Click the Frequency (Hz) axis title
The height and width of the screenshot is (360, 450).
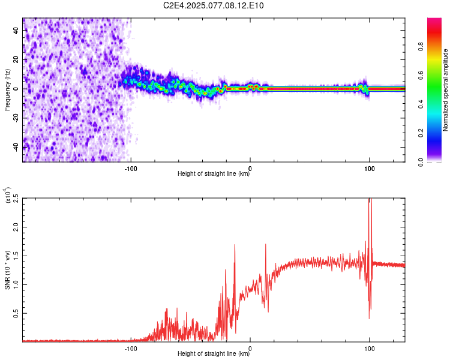tap(7, 90)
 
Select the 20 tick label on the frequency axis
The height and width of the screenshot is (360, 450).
tap(16, 59)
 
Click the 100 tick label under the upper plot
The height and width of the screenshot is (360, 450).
tap(370, 168)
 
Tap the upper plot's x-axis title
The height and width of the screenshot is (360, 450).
tap(214, 174)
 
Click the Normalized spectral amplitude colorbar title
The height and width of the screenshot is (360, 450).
tap(445, 90)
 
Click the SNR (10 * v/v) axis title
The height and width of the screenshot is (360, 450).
tap(7, 270)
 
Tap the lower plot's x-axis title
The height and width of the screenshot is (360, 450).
tap(214, 354)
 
